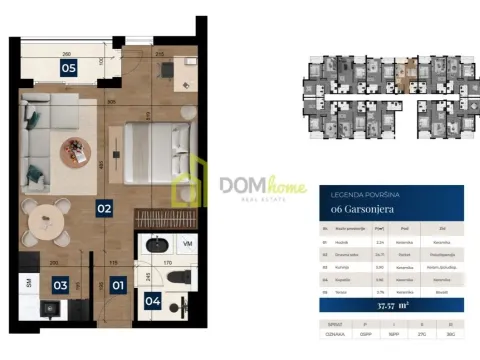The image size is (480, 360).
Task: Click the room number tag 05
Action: tap(68, 69)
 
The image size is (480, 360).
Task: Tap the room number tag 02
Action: tap(103, 209)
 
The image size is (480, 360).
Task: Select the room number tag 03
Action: tap(60, 286)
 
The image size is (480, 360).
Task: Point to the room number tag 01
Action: tap(118, 286)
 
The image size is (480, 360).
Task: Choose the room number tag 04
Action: tap(153, 299)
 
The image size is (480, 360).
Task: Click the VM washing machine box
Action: tap(187, 244)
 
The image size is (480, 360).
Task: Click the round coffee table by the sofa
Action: tap(75, 151)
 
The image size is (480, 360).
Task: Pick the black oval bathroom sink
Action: tap(156, 244)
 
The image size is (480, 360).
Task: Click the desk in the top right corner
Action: tap(187, 69)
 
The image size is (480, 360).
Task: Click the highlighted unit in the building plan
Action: tap(405, 73)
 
